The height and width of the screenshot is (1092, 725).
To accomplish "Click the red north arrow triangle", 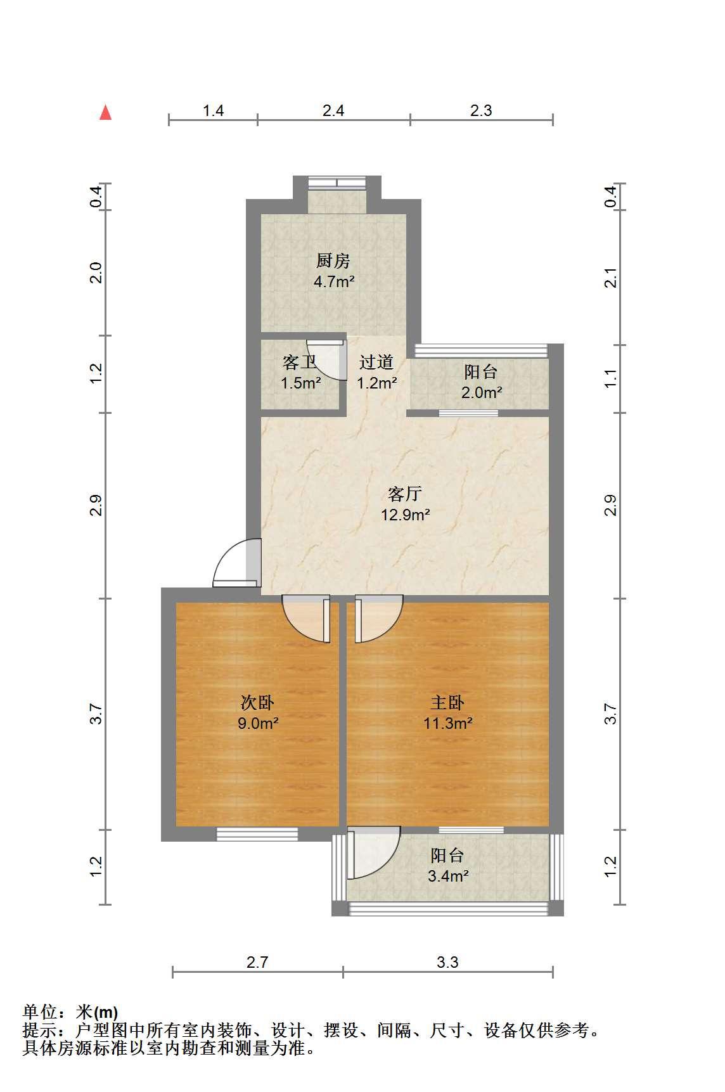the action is pos(106,113).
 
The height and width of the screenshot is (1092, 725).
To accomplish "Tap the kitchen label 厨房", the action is pos(333,260).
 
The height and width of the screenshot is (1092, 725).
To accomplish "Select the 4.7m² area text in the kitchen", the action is pos(334,281).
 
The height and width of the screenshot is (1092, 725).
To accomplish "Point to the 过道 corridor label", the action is pos(376,362).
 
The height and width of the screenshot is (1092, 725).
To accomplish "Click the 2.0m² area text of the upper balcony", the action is pos(482,392).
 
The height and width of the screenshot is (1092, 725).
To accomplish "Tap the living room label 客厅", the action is pos(405,493).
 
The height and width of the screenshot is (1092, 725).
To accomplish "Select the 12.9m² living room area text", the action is pos(406,514).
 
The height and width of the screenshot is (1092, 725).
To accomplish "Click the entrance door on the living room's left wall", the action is pos(237,563).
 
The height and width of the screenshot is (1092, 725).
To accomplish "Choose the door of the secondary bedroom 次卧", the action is pos(307,619).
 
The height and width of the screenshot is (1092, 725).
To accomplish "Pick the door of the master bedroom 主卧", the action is pos(379,619).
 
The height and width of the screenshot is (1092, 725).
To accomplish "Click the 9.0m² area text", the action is pos(258,723).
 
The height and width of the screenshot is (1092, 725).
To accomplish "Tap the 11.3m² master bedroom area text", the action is pos(448,723).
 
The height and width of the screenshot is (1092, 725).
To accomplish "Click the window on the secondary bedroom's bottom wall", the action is pos(257,834).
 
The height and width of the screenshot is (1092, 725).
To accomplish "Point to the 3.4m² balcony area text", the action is pos(448,877).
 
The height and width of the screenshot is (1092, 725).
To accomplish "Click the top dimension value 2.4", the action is pos(333,111).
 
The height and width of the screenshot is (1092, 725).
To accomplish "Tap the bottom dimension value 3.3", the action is pos(447,962).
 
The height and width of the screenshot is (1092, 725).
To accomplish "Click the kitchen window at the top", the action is pos(337,183).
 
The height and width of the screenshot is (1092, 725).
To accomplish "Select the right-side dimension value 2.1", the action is pos(610,278).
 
